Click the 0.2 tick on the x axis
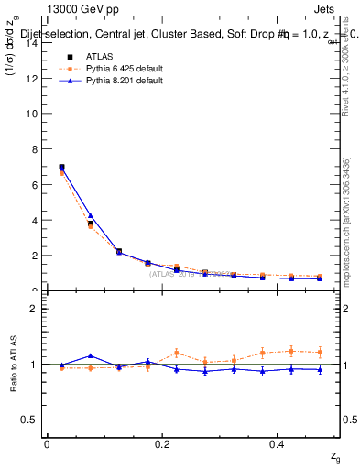point(162,443)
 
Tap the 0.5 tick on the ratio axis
point(30,420)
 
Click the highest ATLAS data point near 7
point(61,168)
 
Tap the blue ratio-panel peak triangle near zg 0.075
point(90,355)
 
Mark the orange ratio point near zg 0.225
point(176,353)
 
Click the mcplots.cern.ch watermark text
point(345,229)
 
